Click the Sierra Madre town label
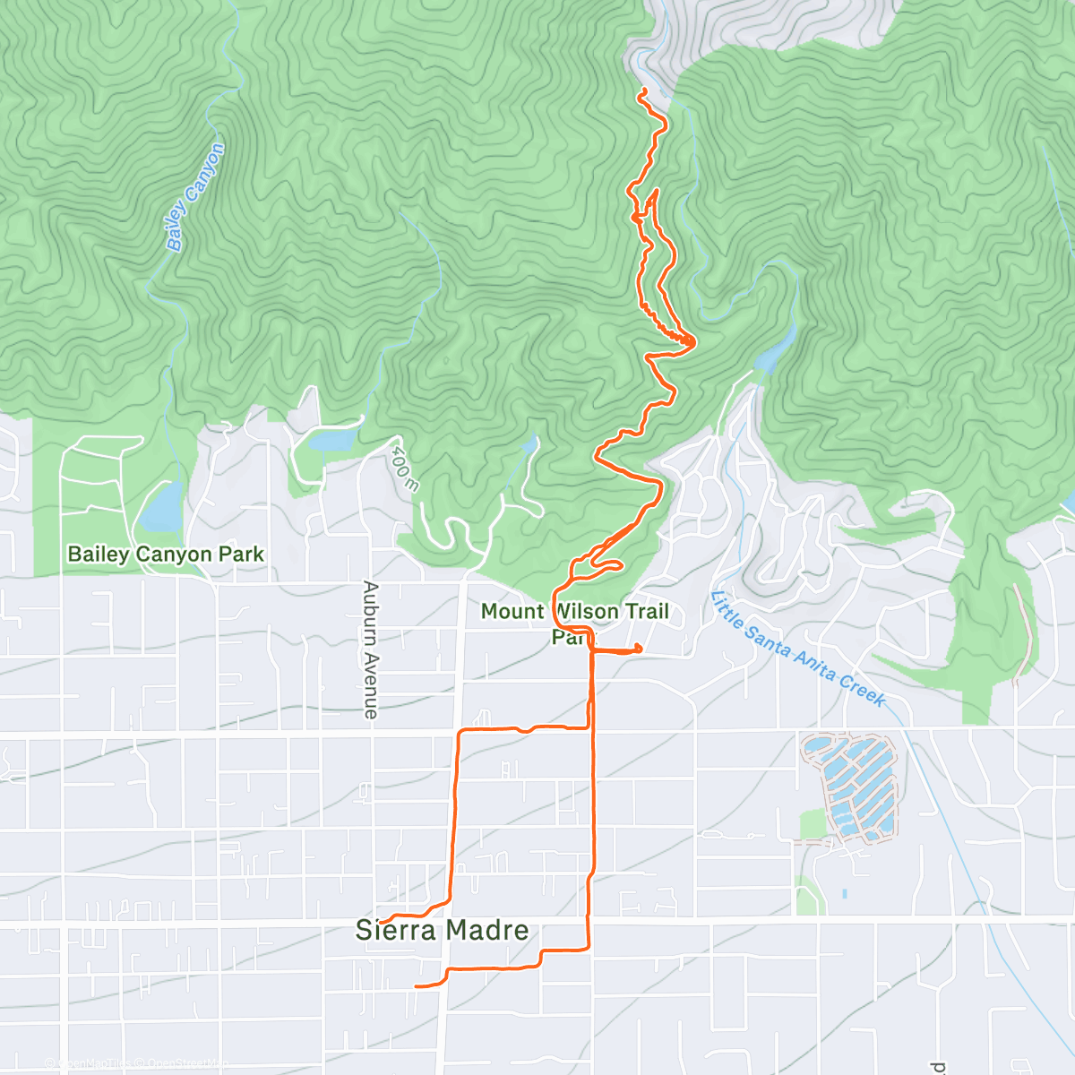442,930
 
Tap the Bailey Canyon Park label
166,555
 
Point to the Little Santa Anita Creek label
798,649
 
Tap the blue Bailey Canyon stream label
195,197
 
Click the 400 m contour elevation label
405,469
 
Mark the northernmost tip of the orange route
641,90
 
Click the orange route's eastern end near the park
639,649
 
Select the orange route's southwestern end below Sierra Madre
417,986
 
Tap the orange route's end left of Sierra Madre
380,920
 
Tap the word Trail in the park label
647,612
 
